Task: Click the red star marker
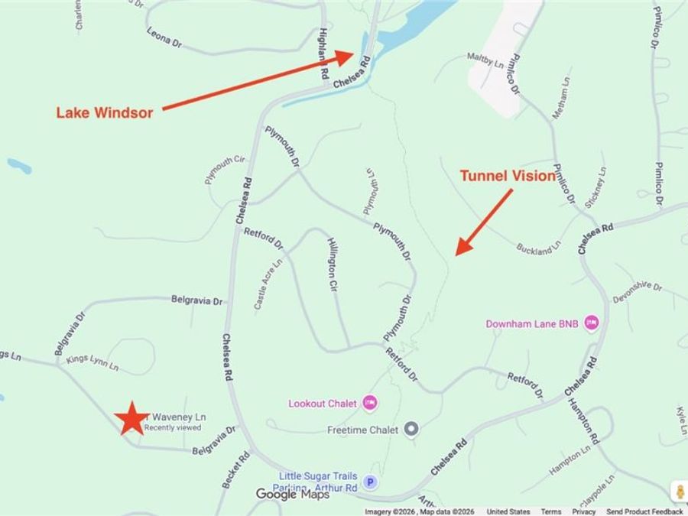[132, 417]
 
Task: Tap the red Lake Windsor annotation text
[104, 112]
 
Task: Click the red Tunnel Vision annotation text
[507, 176]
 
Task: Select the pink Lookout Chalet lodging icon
[370, 402]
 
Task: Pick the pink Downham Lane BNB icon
[591, 323]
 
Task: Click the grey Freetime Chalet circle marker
[411, 429]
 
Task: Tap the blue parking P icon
[370, 482]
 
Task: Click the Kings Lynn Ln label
[92, 362]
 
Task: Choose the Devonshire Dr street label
[637, 291]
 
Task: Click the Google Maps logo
[292, 494]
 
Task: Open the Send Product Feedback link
[645, 511]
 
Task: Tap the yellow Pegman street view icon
[677, 491]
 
